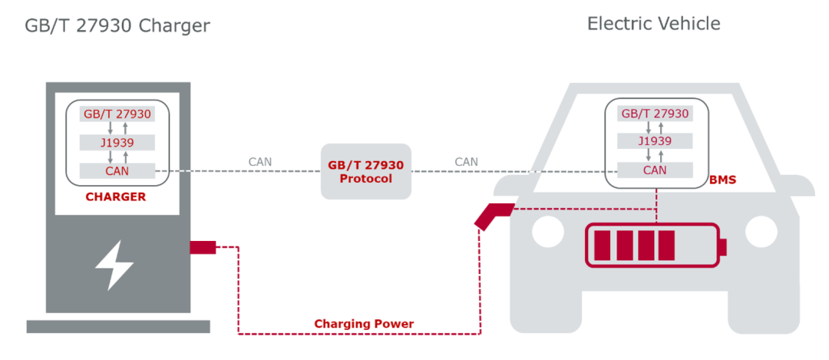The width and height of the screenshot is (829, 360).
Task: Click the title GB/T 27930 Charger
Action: (x=117, y=26)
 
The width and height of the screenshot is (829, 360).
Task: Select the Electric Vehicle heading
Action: (x=653, y=24)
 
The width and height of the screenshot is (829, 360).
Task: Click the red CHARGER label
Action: (x=115, y=197)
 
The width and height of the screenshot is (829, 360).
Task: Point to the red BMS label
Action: (x=722, y=180)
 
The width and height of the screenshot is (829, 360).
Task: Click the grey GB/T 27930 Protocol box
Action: (x=366, y=172)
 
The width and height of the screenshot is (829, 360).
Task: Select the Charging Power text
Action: (x=364, y=324)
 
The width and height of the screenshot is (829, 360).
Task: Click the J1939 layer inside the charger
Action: (x=117, y=142)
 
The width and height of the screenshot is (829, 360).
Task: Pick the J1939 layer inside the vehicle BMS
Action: (x=655, y=141)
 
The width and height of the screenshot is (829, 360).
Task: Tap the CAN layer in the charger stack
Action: (x=117, y=170)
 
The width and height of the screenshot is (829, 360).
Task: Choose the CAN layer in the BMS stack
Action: (x=655, y=170)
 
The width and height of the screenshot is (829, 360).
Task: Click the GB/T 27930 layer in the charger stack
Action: (x=117, y=114)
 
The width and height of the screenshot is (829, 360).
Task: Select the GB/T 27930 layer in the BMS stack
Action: (x=655, y=114)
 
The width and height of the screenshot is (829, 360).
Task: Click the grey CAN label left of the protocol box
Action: (x=259, y=162)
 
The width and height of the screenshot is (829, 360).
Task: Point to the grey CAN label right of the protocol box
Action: (x=466, y=162)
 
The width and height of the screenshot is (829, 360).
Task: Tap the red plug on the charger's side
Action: (x=203, y=246)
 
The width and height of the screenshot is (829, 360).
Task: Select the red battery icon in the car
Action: (x=654, y=246)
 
